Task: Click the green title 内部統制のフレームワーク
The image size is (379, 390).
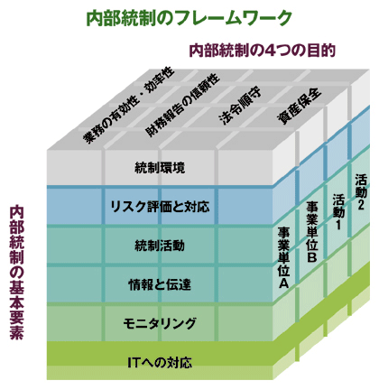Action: click(189, 19)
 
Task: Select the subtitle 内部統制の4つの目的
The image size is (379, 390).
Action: click(262, 51)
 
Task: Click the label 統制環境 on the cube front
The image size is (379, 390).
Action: click(160, 168)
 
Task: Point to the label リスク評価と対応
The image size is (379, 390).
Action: click(160, 207)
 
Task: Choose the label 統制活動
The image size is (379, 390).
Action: click(160, 246)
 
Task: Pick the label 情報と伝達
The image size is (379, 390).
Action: click(160, 284)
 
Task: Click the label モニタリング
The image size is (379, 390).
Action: click(160, 323)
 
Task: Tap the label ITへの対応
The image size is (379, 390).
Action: click(160, 363)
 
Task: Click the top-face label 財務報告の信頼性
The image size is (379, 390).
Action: click(182, 105)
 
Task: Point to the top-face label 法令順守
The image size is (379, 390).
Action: click(240, 107)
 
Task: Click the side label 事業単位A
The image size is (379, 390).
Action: click(283, 258)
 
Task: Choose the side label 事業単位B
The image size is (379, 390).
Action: click(312, 231)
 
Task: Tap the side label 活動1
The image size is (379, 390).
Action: click(338, 211)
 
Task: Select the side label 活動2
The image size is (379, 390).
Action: click(361, 191)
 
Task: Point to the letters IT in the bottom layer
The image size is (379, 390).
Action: click(134, 363)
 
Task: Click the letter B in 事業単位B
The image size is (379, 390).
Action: click(312, 257)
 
